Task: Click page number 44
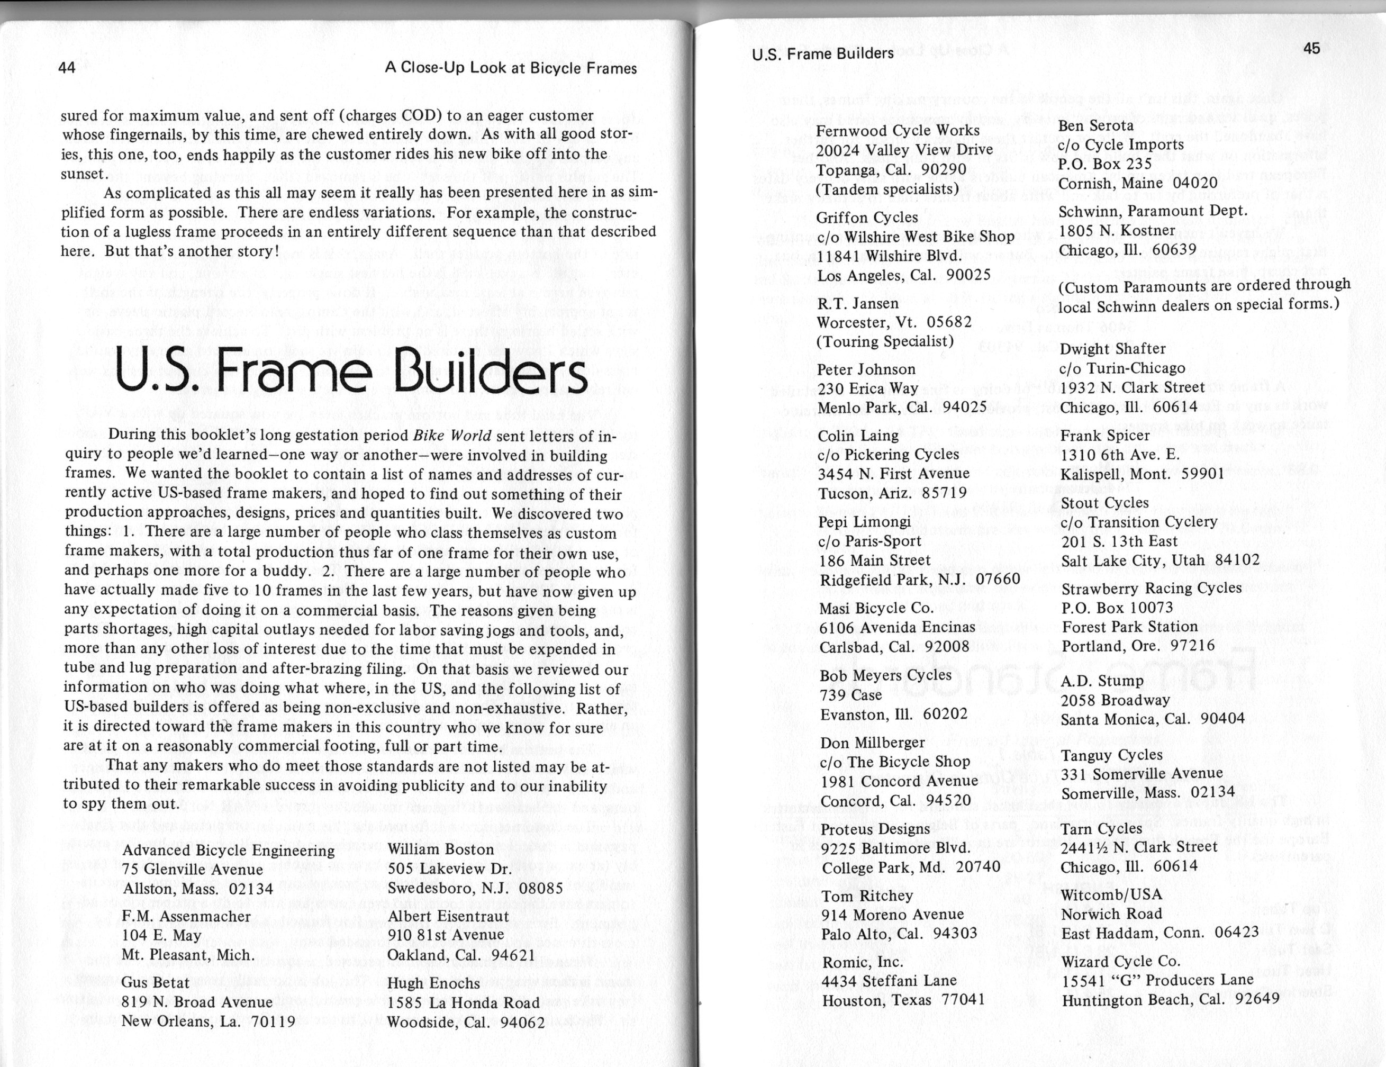[67, 67]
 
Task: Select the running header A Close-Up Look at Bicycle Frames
[510, 68]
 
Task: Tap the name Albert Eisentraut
[448, 916]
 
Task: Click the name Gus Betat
[155, 982]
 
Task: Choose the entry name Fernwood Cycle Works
[898, 131]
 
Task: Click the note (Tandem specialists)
[886, 189]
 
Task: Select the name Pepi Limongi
[864, 522]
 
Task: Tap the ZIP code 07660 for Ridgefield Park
[998, 580]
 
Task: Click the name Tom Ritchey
[867, 896]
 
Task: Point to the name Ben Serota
[1095, 125]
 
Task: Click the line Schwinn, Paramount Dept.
[1153, 211]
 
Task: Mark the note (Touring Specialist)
[885, 341]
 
